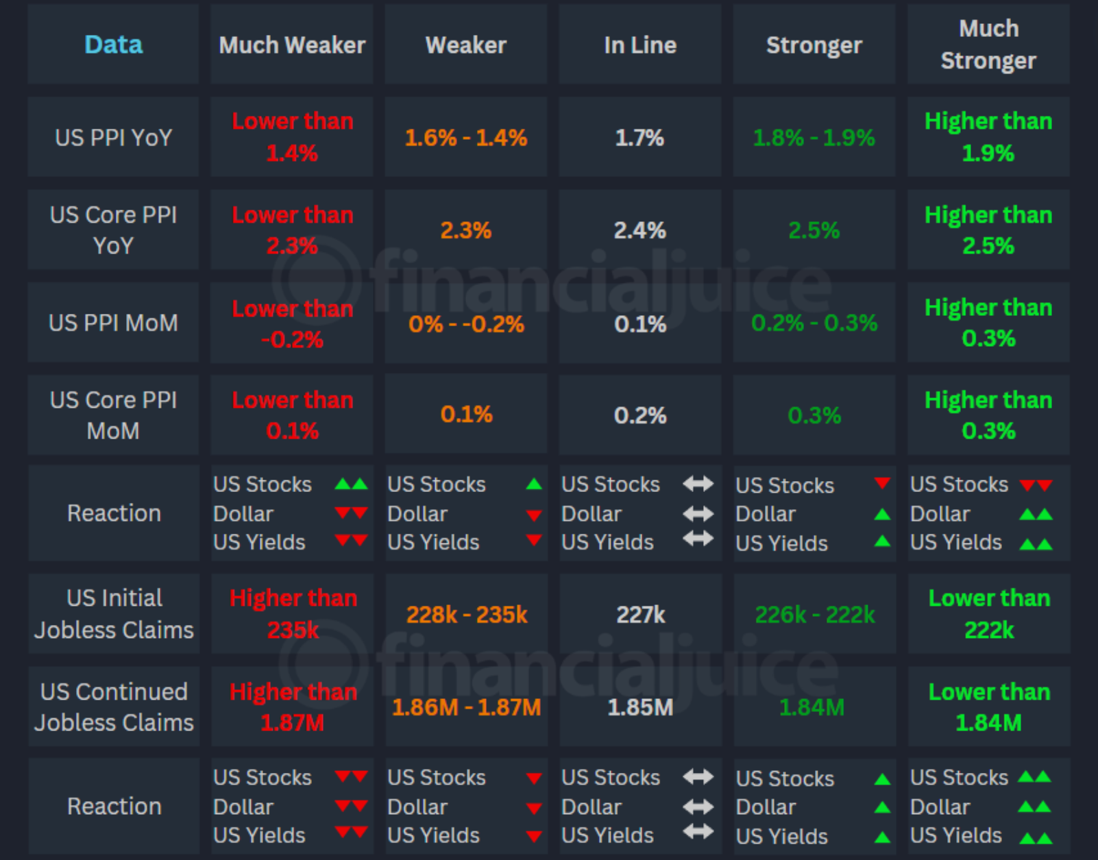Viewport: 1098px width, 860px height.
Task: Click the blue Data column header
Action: tap(113, 45)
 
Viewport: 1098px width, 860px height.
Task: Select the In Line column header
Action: tap(640, 45)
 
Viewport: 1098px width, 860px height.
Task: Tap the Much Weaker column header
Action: tap(292, 45)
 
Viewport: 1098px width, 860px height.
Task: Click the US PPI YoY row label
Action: tap(113, 138)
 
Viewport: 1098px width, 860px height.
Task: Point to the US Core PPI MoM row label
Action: tap(113, 415)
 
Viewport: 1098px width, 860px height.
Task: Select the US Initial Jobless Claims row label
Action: tap(114, 614)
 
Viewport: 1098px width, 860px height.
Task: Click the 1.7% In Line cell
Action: tap(639, 138)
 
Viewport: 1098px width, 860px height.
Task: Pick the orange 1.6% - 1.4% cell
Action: tap(466, 138)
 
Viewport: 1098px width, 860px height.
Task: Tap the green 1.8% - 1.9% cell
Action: tap(814, 138)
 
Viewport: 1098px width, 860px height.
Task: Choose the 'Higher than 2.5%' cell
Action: tap(988, 230)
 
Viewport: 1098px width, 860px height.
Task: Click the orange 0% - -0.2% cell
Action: tap(466, 323)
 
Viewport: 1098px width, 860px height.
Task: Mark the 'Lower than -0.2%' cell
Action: tap(292, 323)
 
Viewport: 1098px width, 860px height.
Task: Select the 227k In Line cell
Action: tap(640, 615)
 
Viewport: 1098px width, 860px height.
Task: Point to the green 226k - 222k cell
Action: tap(814, 615)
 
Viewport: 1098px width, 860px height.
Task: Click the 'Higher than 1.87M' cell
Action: tap(293, 707)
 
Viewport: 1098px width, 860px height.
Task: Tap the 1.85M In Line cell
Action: tap(640, 707)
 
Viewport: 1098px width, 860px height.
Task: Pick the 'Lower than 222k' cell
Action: tap(989, 614)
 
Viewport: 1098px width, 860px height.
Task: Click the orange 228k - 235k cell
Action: tap(467, 615)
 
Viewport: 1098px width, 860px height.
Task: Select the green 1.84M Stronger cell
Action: tap(812, 707)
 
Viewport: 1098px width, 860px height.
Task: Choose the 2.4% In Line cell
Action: tap(639, 230)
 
